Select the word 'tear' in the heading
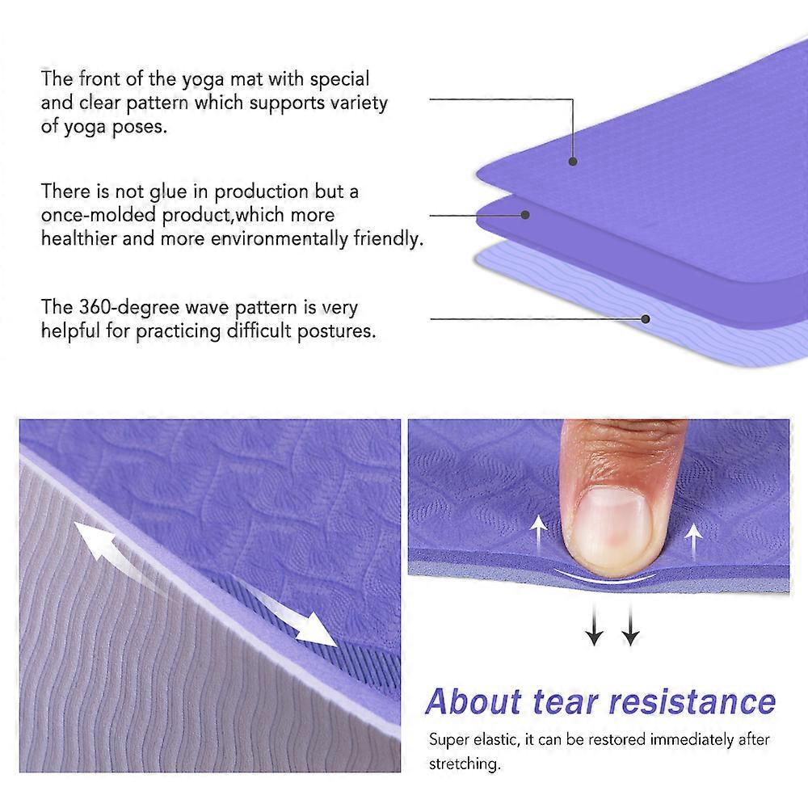571,701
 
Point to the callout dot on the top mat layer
573,161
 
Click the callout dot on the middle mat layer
525,215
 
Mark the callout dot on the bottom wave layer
646,318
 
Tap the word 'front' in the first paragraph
101,79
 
